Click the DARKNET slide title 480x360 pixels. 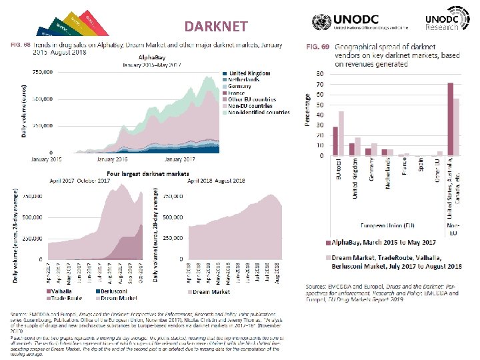pyautogui.click(x=216, y=27)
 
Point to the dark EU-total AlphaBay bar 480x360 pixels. pyautogui.click(x=335, y=141)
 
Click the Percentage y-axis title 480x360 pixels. pyautogui.click(x=307, y=111)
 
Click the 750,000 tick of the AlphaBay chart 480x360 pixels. pyautogui.click(x=40, y=71)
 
